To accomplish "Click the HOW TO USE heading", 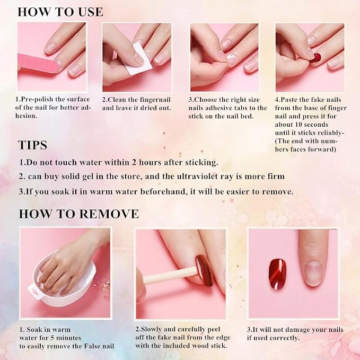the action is [60, 12].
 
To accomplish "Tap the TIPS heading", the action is [32, 145].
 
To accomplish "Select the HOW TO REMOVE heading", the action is [79, 214].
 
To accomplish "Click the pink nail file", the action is [37, 64].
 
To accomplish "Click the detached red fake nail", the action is [278, 274].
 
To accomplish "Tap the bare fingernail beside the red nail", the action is [313, 273].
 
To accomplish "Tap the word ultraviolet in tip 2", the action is [205, 177].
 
